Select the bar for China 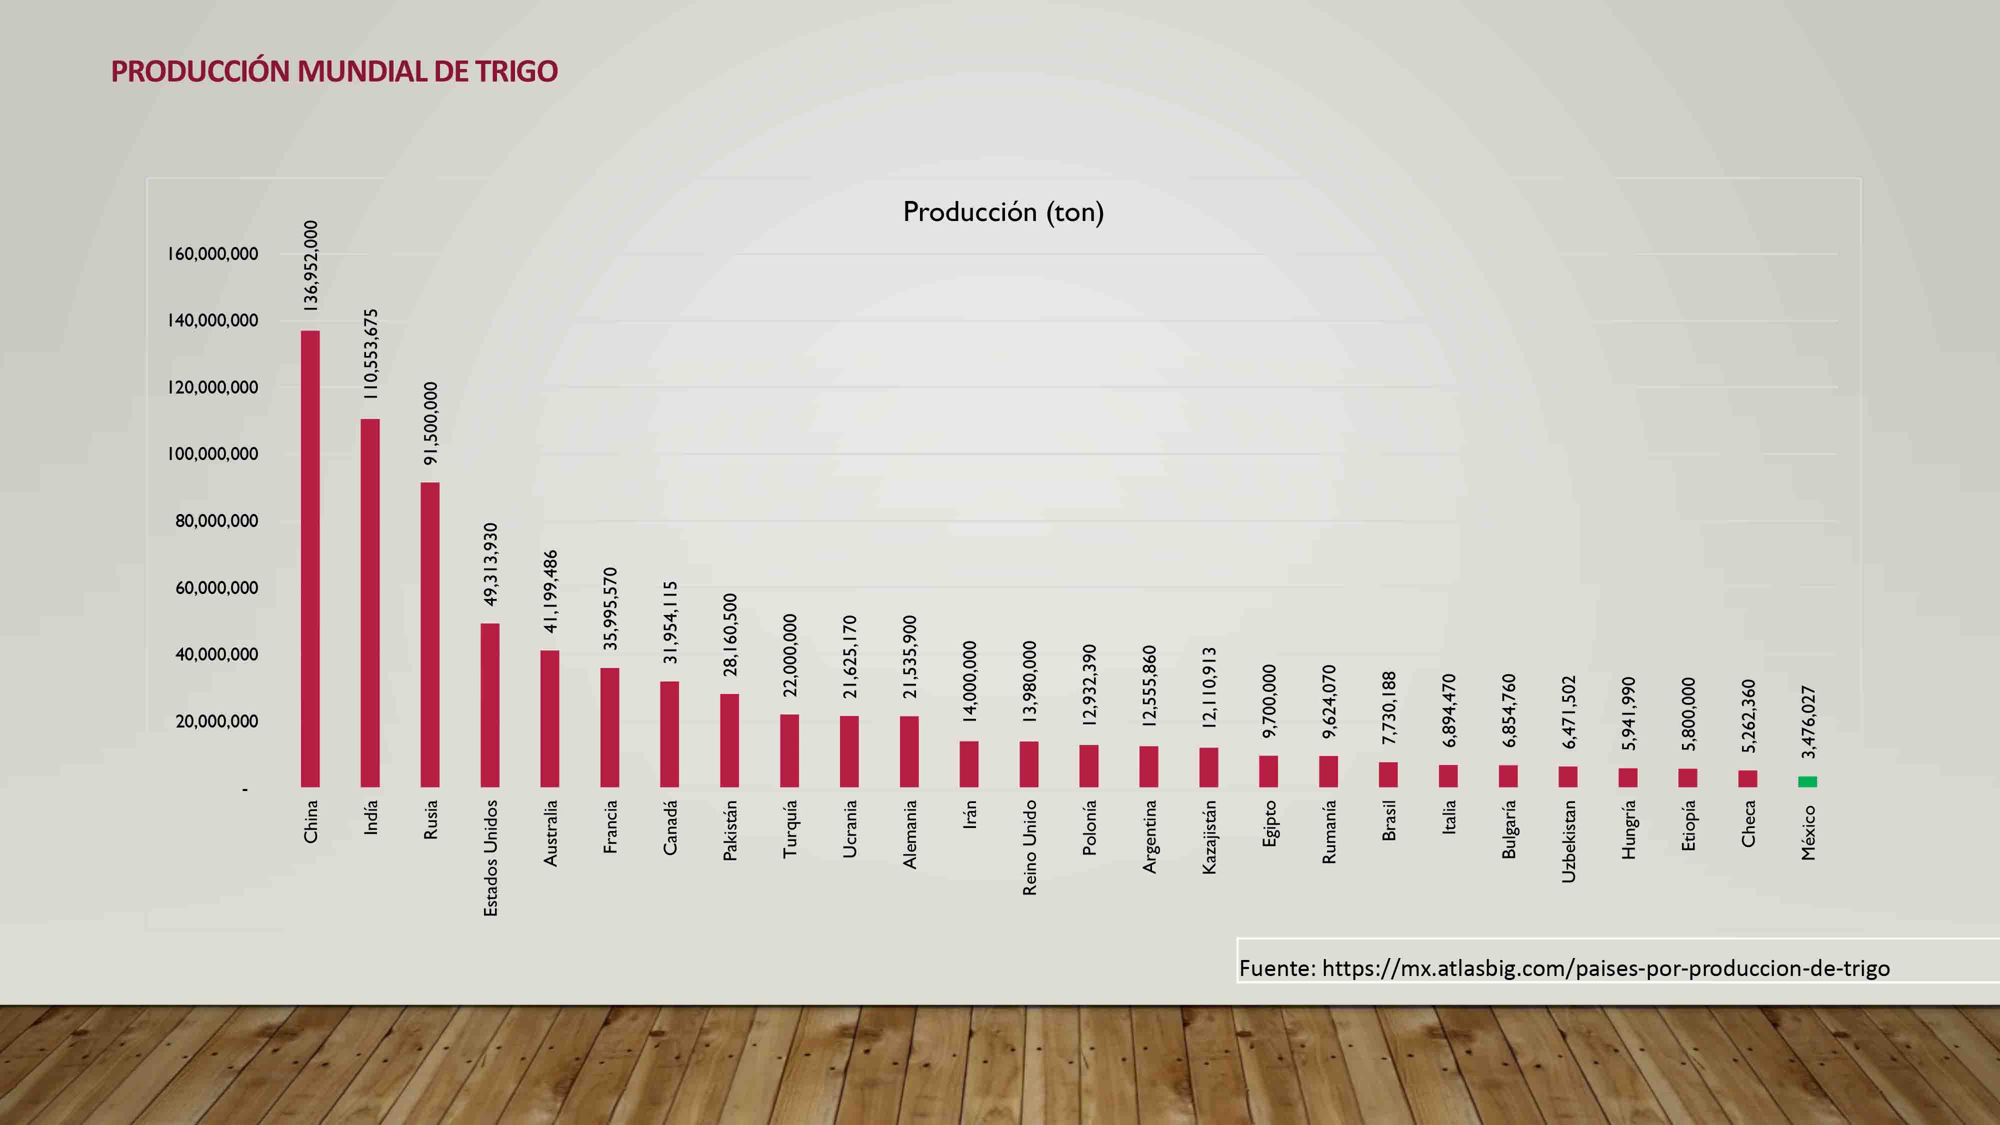click(x=310, y=559)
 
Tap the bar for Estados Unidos click(x=490, y=705)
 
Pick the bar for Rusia click(x=429, y=634)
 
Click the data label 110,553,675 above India click(x=371, y=354)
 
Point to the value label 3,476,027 click(x=1808, y=722)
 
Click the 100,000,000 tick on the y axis click(x=212, y=454)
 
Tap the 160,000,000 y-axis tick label click(x=212, y=254)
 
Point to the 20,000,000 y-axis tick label click(x=216, y=721)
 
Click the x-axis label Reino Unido click(x=1029, y=848)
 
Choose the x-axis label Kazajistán click(x=1209, y=837)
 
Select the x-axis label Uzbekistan click(x=1568, y=841)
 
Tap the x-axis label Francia click(x=610, y=827)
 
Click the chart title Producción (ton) click(x=1003, y=212)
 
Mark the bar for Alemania click(x=909, y=751)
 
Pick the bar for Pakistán click(x=730, y=740)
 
